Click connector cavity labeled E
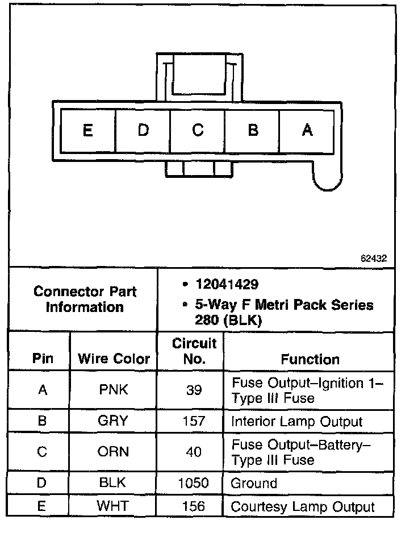87,131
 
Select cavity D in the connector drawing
143,131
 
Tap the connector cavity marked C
198,131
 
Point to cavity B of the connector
253,131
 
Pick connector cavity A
307,131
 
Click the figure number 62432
373,258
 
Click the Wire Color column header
114,359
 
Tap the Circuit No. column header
194,351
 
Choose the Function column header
310,359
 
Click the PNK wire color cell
114,390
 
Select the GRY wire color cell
114,421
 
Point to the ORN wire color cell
114,452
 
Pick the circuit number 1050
194,484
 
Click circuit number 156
194,506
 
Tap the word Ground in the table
254,484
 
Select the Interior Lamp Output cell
296,422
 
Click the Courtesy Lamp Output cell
303,507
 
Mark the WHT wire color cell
114,506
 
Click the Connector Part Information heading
85,300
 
